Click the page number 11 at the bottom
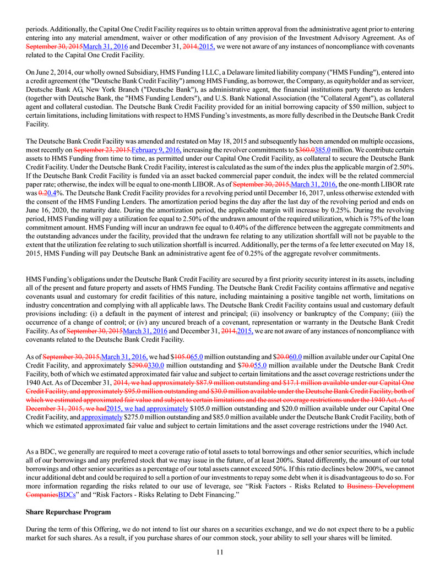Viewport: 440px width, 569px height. coord(220,552)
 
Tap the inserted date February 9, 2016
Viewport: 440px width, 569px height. coord(156,149)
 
